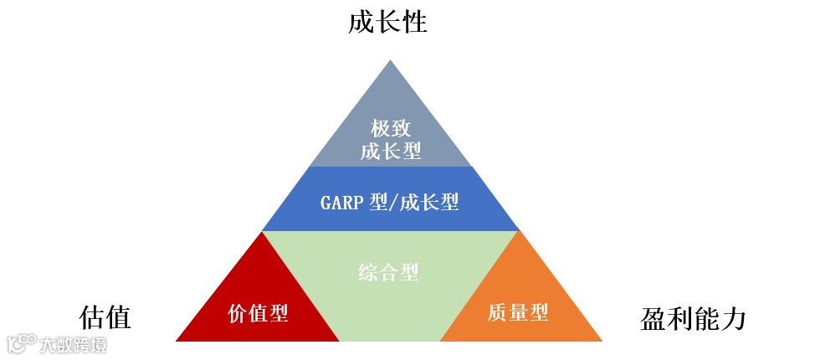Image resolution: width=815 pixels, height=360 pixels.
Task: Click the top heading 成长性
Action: coord(387,23)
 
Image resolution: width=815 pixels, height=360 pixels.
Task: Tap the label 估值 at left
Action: coord(105,318)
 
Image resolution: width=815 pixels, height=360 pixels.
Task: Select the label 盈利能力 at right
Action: coord(693,319)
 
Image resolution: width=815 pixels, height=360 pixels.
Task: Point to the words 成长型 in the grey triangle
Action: coord(390,152)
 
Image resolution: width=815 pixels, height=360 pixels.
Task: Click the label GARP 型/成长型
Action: coord(390,202)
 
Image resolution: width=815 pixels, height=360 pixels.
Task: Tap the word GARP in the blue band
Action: coord(341,202)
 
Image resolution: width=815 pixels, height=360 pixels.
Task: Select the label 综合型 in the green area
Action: coord(389,272)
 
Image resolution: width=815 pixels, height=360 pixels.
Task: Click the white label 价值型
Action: coord(259,313)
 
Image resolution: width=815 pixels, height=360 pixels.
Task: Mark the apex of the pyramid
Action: coord(390,60)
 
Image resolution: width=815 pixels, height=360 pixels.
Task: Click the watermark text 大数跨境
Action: coord(73,344)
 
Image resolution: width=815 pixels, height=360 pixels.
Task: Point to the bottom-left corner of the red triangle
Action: coord(177,340)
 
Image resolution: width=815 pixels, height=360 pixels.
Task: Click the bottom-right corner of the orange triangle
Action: coord(601,340)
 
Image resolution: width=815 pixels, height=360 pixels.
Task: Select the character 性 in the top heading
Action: coord(414,23)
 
